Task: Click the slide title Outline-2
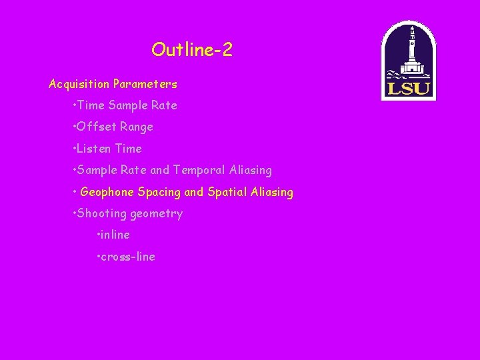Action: [x=192, y=50]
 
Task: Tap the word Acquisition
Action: [x=79, y=84]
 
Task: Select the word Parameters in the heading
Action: [x=145, y=84]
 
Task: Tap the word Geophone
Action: [x=107, y=192]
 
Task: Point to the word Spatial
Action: [x=227, y=192]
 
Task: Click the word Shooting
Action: [x=102, y=214]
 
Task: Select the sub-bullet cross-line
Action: [x=129, y=257]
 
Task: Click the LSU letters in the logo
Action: [x=408, y=88]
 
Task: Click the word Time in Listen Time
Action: [x=129, y=149]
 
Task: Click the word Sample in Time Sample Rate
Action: [x=126, y=105]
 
